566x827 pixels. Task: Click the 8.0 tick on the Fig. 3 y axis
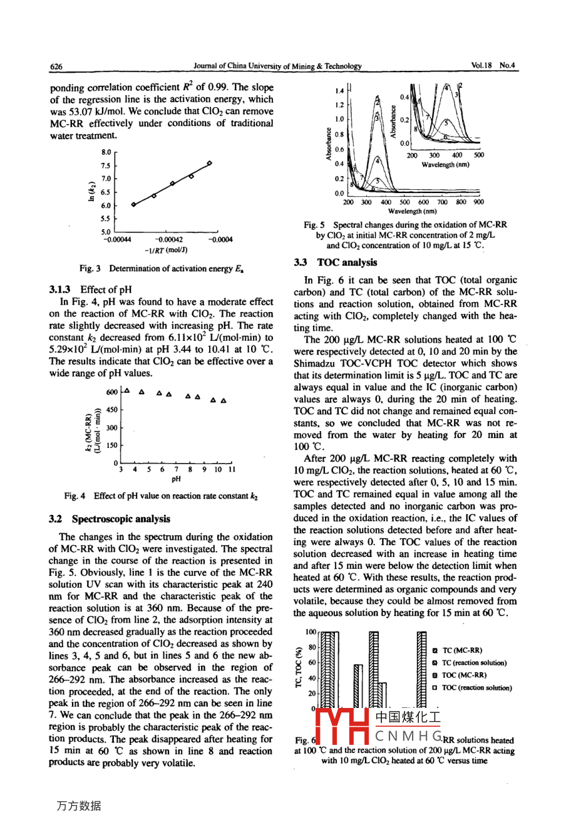click(x=106, y=152)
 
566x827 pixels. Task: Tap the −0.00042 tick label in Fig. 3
click(x=169, y=239)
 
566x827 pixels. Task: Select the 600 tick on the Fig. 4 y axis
click(x=111, y=392)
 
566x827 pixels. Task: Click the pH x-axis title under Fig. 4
click(x=176, y=479)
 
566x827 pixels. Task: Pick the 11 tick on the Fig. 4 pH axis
click(x=232, y=469)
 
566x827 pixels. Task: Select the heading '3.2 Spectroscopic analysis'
click(x=110, y=519)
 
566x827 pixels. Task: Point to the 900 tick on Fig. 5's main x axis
click(x=478, y=202)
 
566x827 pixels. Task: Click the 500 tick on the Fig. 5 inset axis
click(x=478, y=155)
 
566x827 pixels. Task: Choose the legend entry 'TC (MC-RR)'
click(x=461, y=651)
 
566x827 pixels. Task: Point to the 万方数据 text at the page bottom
click(x=78, y=806)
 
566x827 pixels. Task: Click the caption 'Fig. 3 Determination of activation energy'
click(x=161, y=269)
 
